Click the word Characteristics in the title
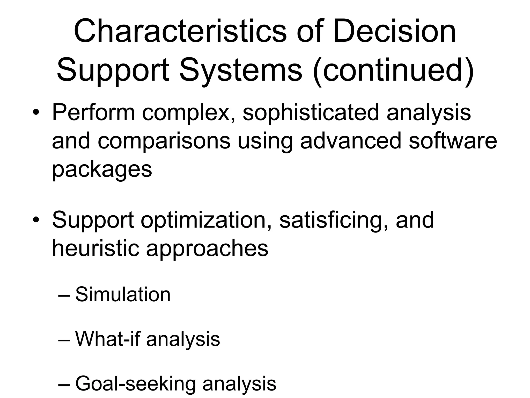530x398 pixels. tap(180, 32)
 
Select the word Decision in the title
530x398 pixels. tap(394, 32)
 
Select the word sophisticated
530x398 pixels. tap(311, 113)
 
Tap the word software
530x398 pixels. tap(453, 141)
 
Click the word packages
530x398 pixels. tap(102, 170)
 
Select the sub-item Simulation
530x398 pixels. tap(123, 295)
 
